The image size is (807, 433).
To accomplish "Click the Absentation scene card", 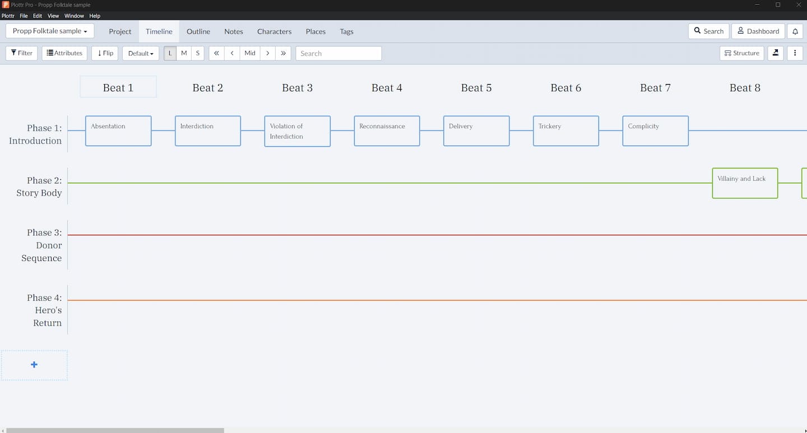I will [118, 131].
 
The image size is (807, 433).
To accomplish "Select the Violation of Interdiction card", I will [297, 131].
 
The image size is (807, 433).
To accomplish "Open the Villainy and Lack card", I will [745, 183].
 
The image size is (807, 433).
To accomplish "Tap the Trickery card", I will [565, 131].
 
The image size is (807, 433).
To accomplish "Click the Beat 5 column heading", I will [476, 88].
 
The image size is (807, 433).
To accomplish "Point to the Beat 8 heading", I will [745, 88].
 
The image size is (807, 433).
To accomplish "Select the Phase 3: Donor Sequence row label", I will [42, 245].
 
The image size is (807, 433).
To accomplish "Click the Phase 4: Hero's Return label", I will [45, 310].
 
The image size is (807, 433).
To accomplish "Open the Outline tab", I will [198, 31].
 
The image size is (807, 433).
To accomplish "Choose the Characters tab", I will [274, 31].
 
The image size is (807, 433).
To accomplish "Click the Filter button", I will [22, 53].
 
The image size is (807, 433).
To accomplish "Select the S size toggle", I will [198, 53].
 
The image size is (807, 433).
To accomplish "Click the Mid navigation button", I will [250, 53].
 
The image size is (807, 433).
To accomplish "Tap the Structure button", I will [741, 53].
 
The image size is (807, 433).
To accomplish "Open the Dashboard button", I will [758, 31].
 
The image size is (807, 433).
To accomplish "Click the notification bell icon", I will [795, 31].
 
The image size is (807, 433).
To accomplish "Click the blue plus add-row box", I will [34, 365].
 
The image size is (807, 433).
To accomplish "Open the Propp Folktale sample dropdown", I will [50, 31].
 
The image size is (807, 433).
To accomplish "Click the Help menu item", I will [95, 16].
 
